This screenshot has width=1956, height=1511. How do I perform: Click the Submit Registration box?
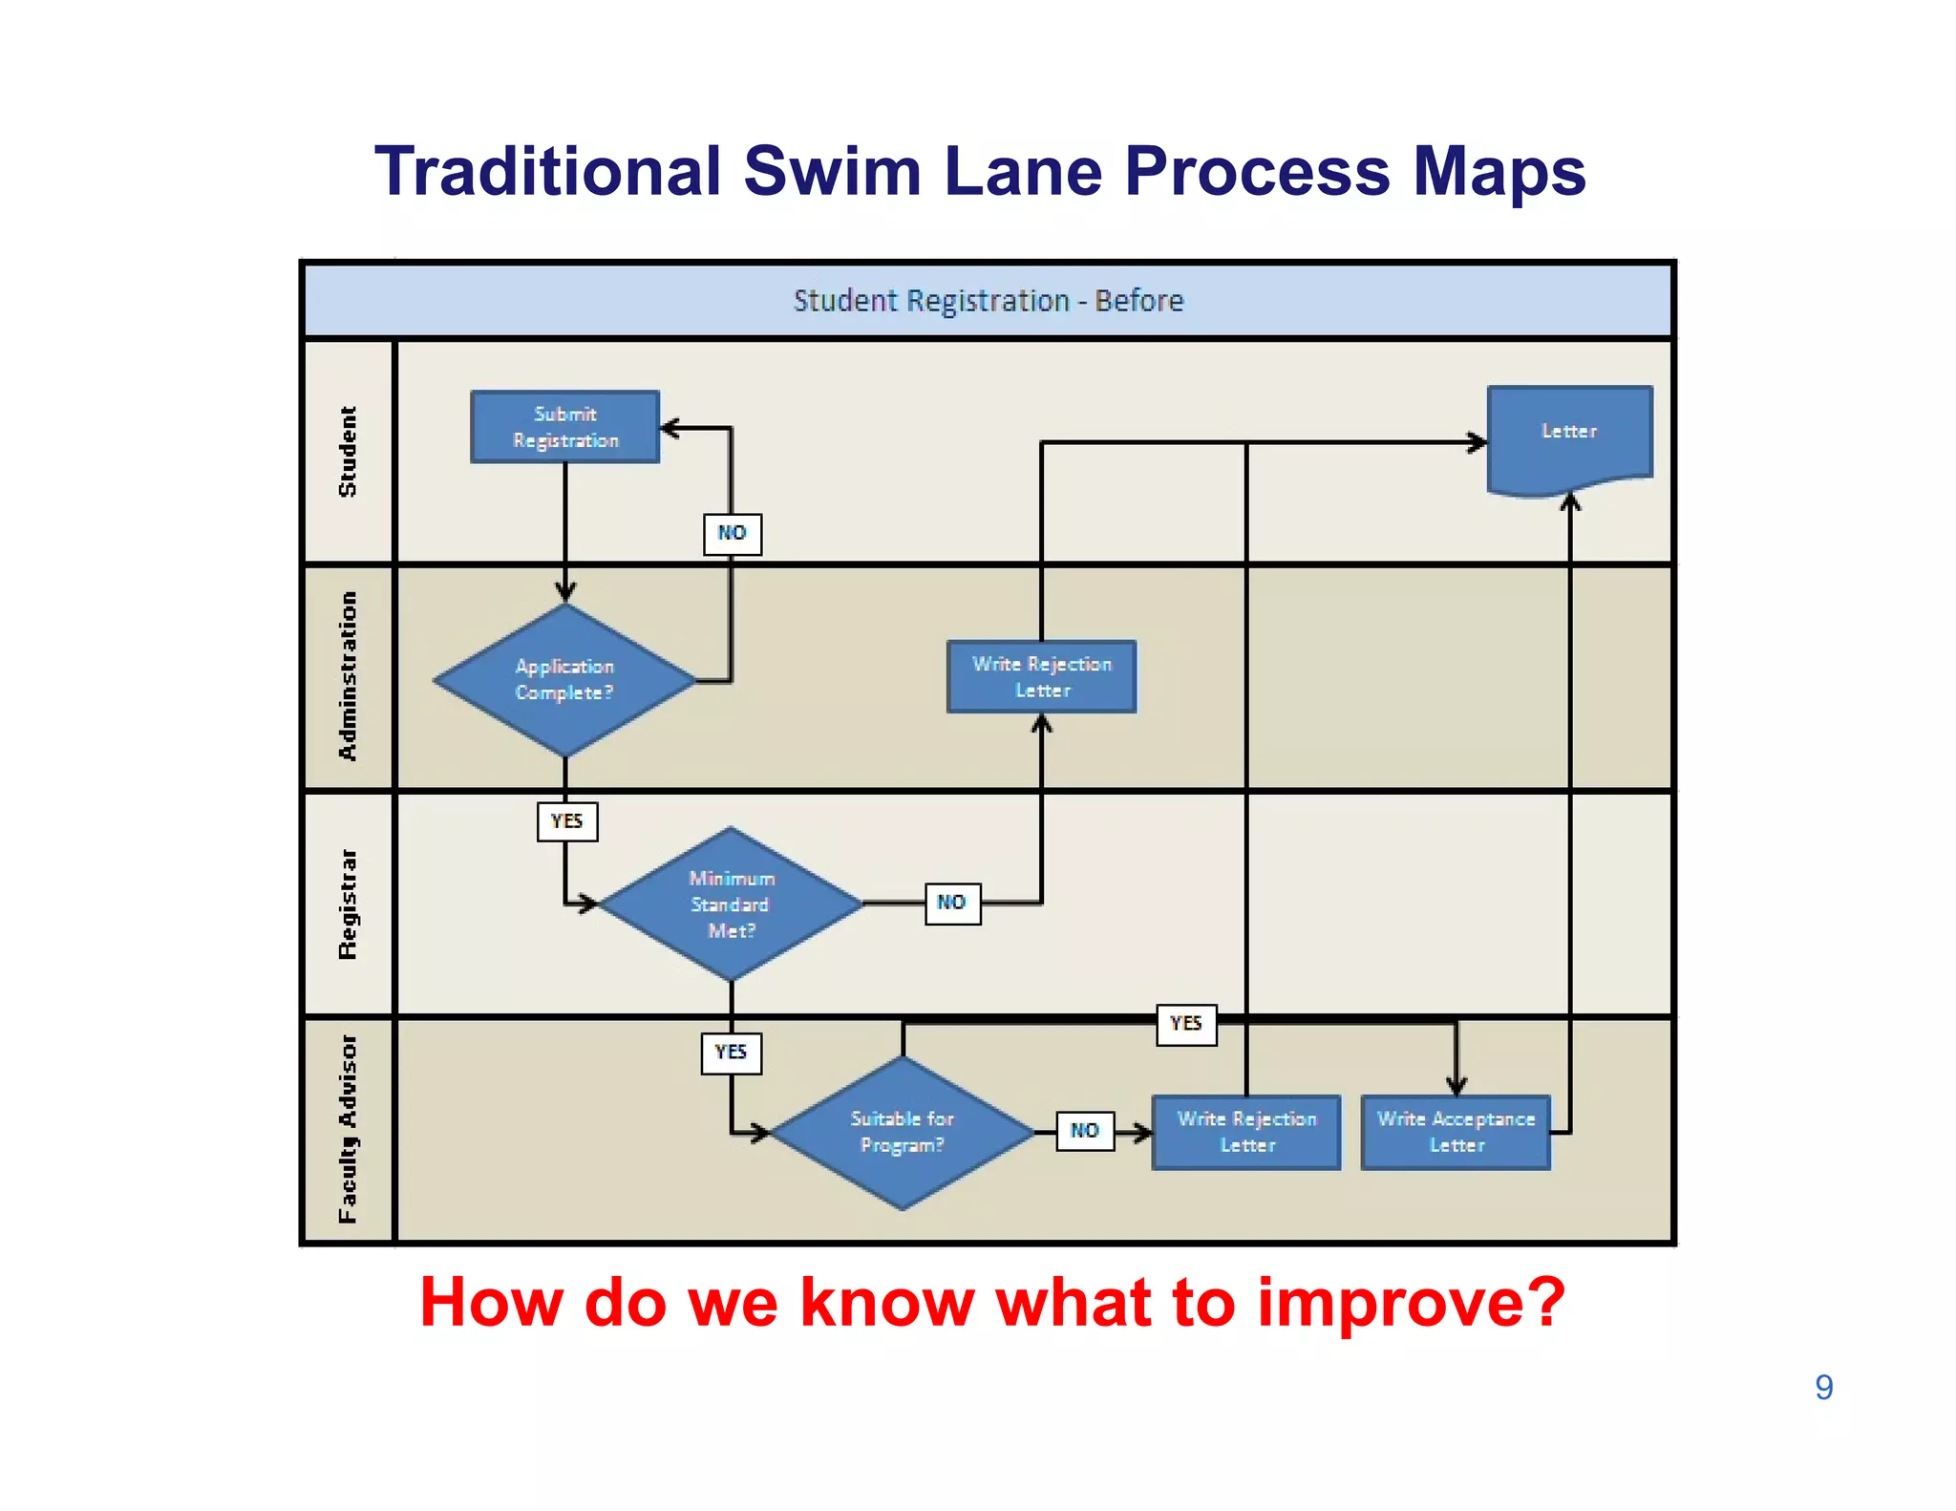click(x=564, y=427)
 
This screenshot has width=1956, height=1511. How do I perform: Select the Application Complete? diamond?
click(x=564, y=680)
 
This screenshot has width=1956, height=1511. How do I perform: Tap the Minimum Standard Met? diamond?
click(x=731, y=904)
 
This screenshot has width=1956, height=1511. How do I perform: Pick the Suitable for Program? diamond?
click(x=902, y=1132)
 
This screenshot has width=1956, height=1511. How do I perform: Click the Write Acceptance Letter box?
click(x=1456, y=1132)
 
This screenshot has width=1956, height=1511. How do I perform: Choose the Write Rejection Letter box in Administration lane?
click(x=1041, y=676)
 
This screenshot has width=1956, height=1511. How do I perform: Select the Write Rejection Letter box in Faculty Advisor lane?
click(x=1246, y=1132)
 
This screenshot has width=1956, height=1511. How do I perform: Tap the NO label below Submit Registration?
click(x=733, y=533)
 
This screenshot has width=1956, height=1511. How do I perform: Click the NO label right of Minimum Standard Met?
click(x=952, y=903)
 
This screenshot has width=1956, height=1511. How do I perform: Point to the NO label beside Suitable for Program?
click(x=1085, y=1131)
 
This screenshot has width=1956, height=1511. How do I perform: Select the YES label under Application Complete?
click(x=567, y=821)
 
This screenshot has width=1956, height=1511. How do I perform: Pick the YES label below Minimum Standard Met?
click(x=732, y=1053)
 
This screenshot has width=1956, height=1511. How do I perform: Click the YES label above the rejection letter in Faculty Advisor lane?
click(x=1186, y=1024)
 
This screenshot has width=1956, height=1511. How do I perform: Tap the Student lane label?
click(x=348, y=452)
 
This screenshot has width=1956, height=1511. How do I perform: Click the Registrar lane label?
click(x=348, y=904)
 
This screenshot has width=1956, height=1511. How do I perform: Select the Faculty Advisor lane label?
click(x=348, y=1129)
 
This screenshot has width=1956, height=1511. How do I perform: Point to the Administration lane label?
click(x=348, y=676)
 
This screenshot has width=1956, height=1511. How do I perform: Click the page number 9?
click(x=1823, y=1387)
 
